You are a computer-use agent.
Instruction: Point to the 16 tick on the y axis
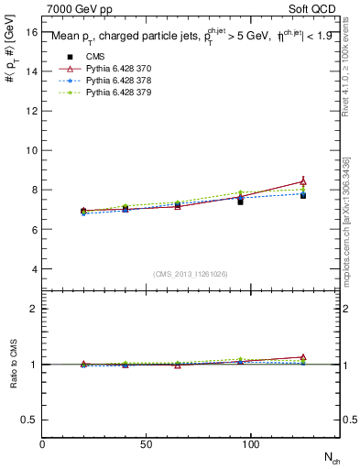pos(31,31)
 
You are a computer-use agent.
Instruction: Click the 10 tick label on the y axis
pos(31,150)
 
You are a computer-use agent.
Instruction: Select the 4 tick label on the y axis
pos(33,269)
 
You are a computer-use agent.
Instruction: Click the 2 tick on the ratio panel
pos(34,309)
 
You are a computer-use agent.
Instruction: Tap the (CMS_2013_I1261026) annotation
pos(191,274)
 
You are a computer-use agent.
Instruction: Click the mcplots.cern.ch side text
pos(352,220)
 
